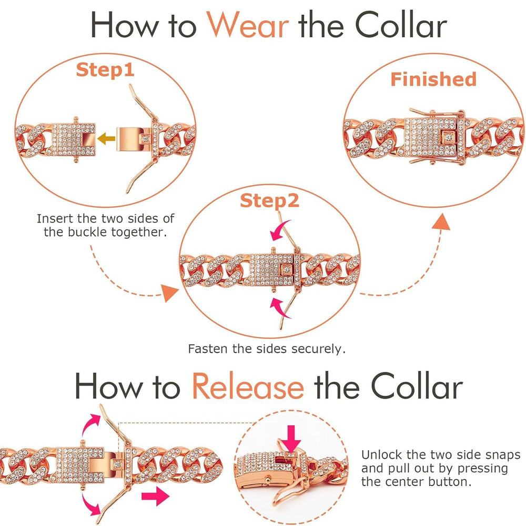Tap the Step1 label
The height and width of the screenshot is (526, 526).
[105, 69]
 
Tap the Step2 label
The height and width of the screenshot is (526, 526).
[269, 200]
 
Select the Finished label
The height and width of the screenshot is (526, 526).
[433, 79]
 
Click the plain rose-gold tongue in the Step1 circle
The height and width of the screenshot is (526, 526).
[134, 138]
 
